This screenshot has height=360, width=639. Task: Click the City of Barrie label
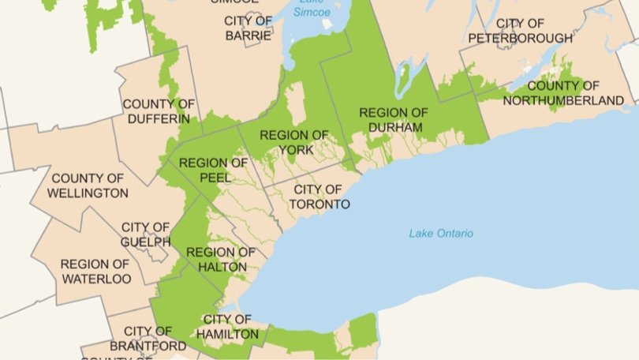248,28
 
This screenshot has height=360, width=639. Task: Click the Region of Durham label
393,119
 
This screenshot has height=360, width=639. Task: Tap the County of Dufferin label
158,111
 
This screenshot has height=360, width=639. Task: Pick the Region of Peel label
213,171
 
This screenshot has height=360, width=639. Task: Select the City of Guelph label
145,234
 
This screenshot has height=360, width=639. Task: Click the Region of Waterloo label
95,272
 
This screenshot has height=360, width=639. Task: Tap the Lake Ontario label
441,233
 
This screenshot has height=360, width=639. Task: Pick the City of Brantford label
148,339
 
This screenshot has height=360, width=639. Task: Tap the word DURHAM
393,127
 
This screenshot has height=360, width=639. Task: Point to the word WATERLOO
95,279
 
